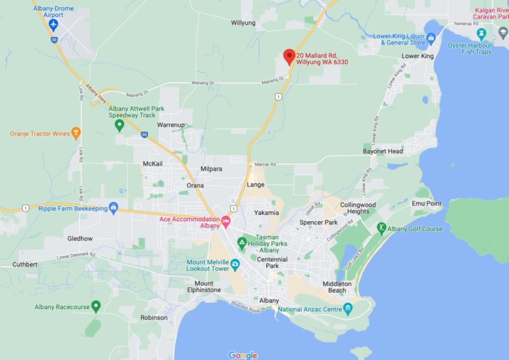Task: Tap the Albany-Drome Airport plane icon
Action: pyautogui.click(x=53, y=25)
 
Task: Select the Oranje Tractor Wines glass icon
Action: pyautogui.click(x=76, y=133)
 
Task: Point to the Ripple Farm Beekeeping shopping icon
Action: pyautogui.click(x=113, y=208)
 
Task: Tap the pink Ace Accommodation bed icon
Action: pyautogui.click(x=226, y=222)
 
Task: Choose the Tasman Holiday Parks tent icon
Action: pyautogui.click(x=242, y=243)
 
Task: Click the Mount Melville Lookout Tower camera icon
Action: pyautogui.click(x=235, y=264)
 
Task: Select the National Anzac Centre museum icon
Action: pyautogui.click(x=348, y=309)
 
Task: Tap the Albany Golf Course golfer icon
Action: pyautogui.click(x=381, y=228)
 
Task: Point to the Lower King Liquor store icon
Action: pyautogui.click(x=431, y=38)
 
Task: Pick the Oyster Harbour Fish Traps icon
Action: pyautogui.click(x=481, y=34)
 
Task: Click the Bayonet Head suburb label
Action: pyautogui.click(x=383, y=151)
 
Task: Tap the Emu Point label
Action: pyautogui.click(x=426, y=203)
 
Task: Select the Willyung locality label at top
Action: pyautogui.click(x=243, y=23)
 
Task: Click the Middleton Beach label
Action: pyautogui.click(x=337, y=287)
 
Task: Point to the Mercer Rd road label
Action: pyautogui.click(x=265, y=164)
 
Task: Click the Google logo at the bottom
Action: pyautogui.click(x=243, y=355)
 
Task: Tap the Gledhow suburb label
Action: pyautogui.click(x=80, y=239)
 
